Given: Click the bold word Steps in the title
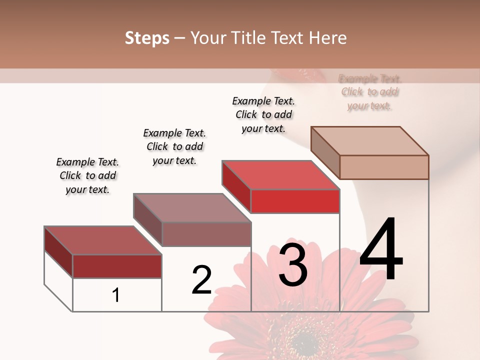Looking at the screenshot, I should click(147, 38).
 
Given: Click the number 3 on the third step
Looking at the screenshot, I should click(293, 265).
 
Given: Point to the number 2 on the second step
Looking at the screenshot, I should click(201, 280).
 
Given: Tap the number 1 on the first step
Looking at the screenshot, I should click(116, 295).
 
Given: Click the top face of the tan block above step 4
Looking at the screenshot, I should click(369, 141).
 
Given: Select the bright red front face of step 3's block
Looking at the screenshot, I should click(295, 201).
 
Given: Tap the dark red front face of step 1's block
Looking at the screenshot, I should click(117, 266).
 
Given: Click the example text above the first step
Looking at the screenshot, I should click(87, 175).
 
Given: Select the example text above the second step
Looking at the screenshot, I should click(174, 146).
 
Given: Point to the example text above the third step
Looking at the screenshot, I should click(263, 114).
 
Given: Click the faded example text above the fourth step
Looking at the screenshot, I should click(370, 92).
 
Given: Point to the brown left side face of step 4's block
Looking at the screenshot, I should click(325, 152).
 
